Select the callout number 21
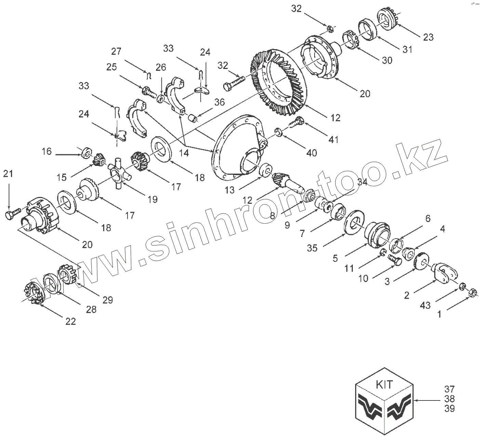(8, 174)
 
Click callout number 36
(220, 102)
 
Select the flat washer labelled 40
(279, 132)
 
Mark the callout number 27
(116, 52)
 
